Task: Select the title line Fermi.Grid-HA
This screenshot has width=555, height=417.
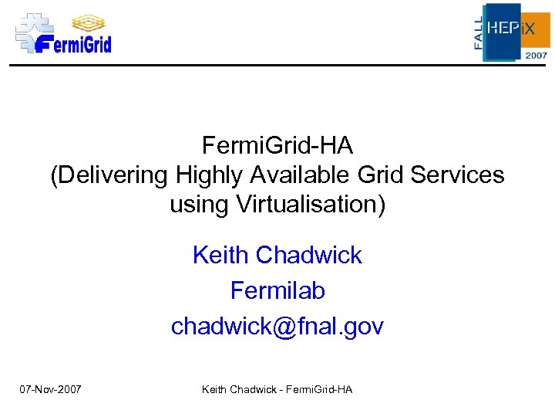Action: pyautogui.click(x=277, y=144)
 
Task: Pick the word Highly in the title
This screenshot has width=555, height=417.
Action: pyautogui.click(x=208, y=175)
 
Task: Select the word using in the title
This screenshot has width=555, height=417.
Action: pyautogui.click(x=195, y=205)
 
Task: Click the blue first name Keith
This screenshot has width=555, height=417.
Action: pyautogui.click(x=220, y=255)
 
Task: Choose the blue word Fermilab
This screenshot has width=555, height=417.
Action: pyautogui.click(x=277, y=290)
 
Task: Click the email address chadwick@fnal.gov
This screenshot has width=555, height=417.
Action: pyautogui.click(x=277, y=327)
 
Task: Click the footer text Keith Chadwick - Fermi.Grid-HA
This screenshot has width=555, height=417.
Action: pyautogui.click(x=277, y=389)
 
